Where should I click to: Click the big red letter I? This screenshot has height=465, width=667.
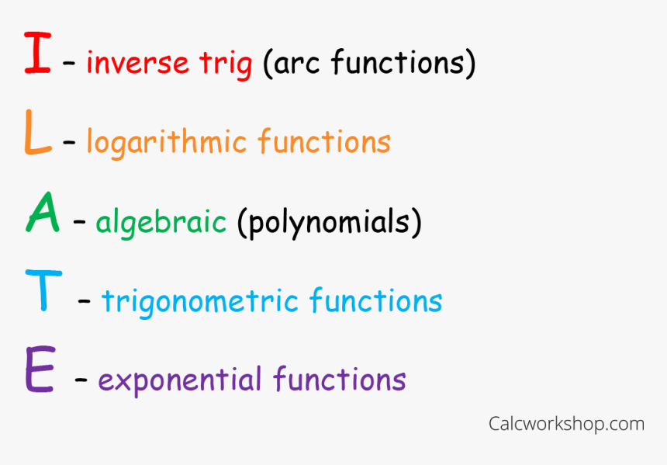click(36, 53)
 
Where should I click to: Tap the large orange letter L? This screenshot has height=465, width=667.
click(37, 134)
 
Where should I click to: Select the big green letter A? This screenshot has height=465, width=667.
click(42, 214)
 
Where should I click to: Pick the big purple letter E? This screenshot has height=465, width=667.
click(40, 371)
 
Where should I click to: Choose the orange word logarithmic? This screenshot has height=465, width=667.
click(166, 143)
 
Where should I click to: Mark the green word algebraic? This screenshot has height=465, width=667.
click(161, 224)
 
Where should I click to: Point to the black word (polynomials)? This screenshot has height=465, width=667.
click(329, 224)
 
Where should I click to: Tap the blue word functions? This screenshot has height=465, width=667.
click(376, 301)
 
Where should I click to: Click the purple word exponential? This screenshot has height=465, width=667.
click(180, 381)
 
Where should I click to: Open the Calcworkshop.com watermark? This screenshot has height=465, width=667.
click(566, 424)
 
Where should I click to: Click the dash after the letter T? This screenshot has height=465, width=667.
click(84, 302)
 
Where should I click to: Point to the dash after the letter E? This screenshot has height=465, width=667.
click(81, 381)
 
